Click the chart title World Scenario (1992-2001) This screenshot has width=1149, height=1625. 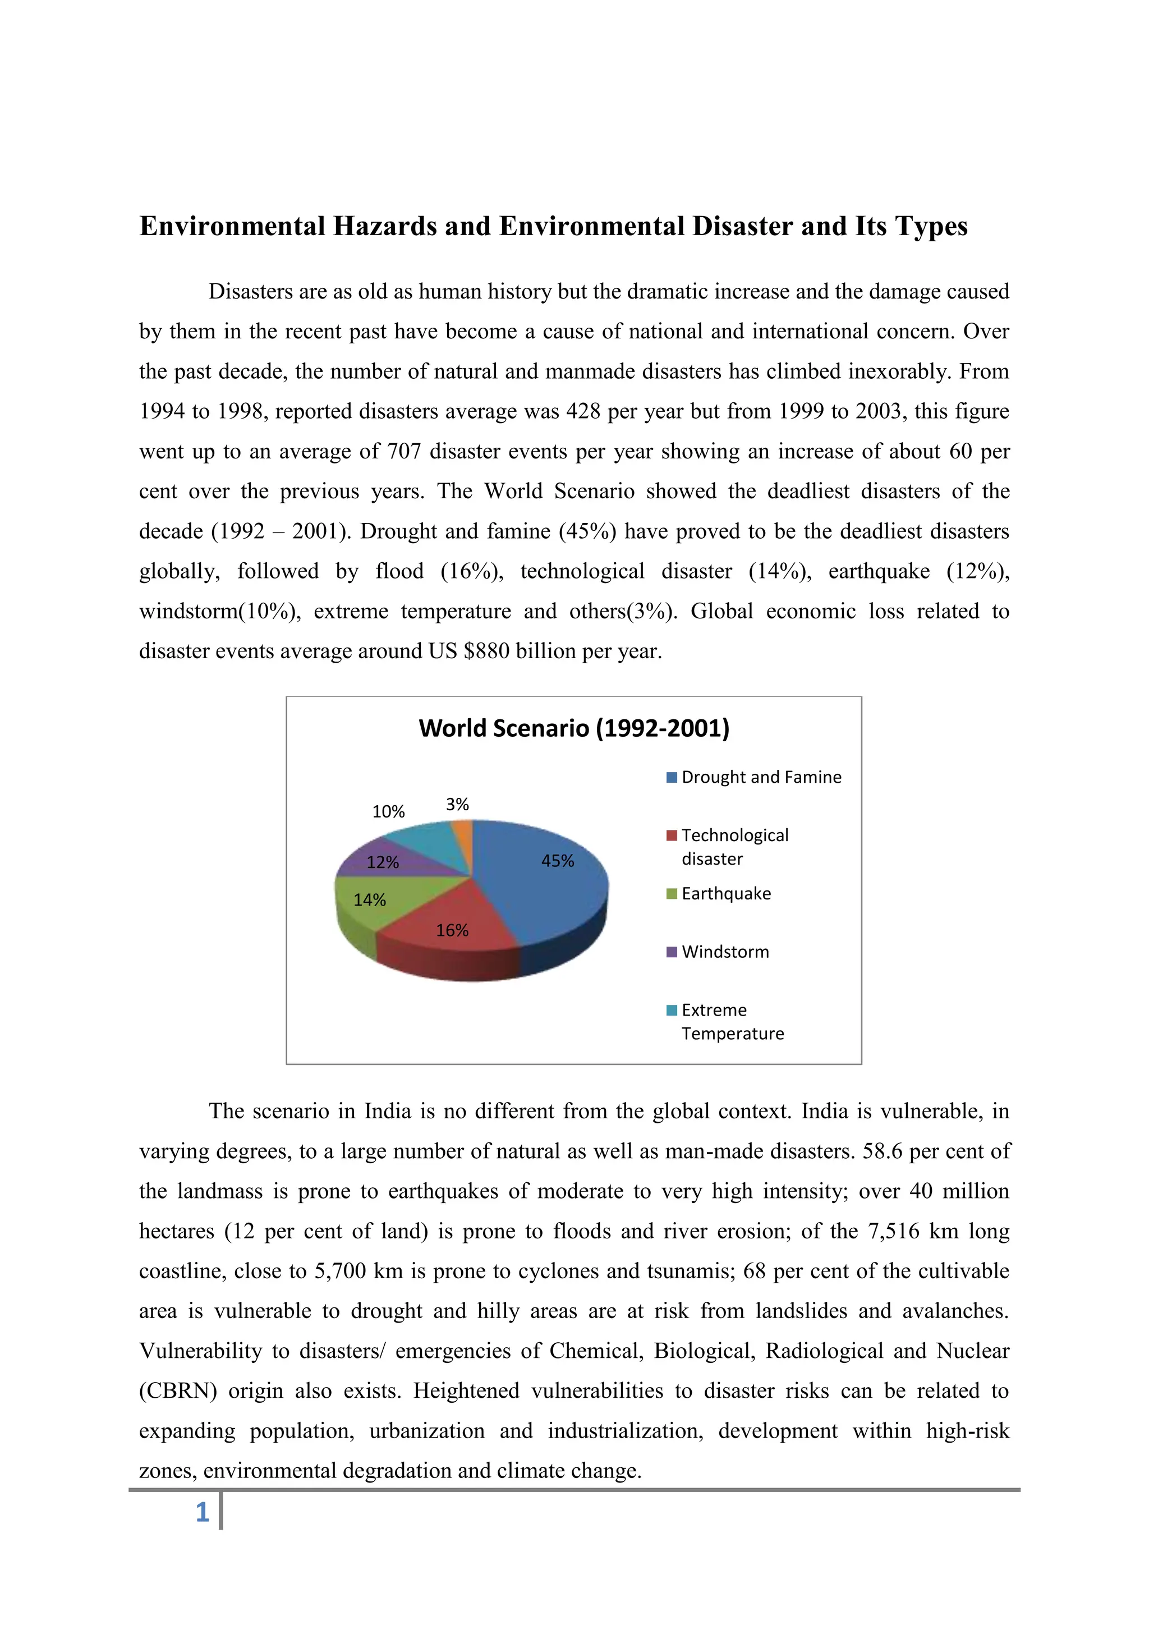click(574, 728)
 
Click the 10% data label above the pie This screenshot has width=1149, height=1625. click(388, 812)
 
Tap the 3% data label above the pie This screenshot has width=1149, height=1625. click(457, 805)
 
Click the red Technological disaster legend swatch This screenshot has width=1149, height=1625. click(672, 836)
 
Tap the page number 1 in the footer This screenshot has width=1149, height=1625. click(203, 1512)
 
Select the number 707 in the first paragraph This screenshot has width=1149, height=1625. click(404, 452)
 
